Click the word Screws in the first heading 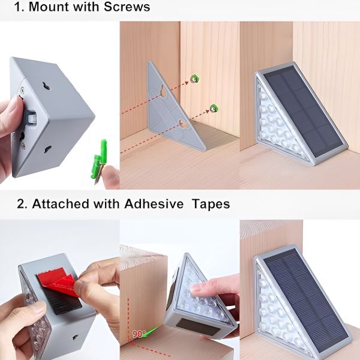127,7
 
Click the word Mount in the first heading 49,7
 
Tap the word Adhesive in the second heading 154,203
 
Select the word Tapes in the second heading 211,204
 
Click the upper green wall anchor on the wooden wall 194,79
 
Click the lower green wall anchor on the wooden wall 214,108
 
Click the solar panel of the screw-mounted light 302,112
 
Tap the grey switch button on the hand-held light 32,116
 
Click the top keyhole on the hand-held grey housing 46,86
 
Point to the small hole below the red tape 76,337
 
